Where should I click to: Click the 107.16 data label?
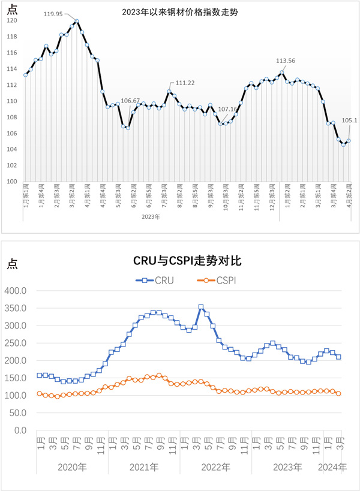[227, 110]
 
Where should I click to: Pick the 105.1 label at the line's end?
[349, 120]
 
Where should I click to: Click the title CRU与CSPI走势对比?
[179, 261]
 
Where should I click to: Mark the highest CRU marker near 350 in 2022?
[201, 307]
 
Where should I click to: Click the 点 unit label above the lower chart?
[11, 263]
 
